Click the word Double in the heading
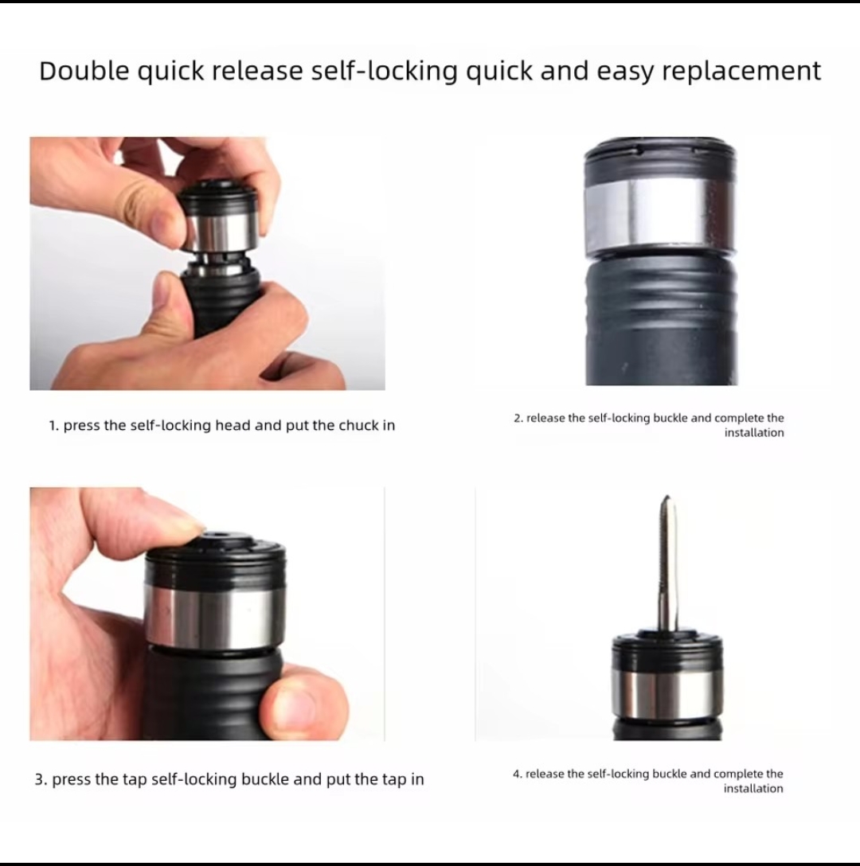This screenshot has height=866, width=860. click(84, 71)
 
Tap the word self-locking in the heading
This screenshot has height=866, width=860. click(384, 72)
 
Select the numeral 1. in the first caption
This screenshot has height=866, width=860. click(53, 425)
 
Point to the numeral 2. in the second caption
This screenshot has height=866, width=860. click(518, 418)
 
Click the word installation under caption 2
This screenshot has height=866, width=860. click(754, 432)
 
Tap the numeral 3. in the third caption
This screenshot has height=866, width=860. click(41, 779)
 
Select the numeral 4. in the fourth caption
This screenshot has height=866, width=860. click(518, 774)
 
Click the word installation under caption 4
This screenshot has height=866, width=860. click(753, 788)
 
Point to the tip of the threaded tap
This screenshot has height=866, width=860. click(667, 496)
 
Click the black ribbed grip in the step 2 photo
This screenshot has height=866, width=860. click(661, 320)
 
